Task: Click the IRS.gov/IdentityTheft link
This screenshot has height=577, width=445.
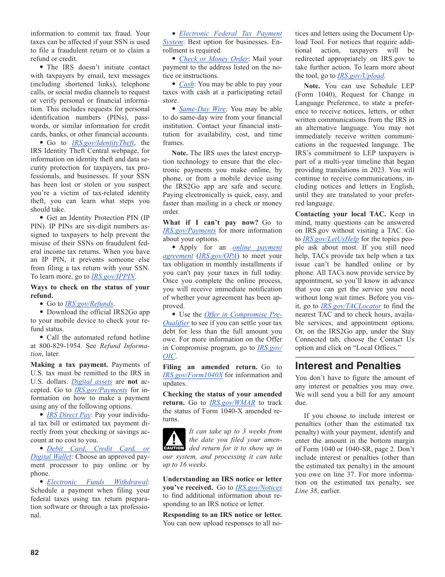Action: [103, 143]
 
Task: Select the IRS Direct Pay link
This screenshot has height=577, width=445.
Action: [69, 415]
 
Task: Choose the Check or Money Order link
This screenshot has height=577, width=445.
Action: [214, 59]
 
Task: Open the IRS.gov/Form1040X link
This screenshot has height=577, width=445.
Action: [193, 375]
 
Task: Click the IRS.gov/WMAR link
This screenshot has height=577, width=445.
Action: [232, 402]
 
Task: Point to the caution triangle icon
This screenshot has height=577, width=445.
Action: [174, 440]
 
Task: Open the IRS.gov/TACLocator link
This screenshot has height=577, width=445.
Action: [351, 306]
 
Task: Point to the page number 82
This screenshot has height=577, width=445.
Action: [35, 552]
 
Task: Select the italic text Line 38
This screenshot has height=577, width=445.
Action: [305, 491]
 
